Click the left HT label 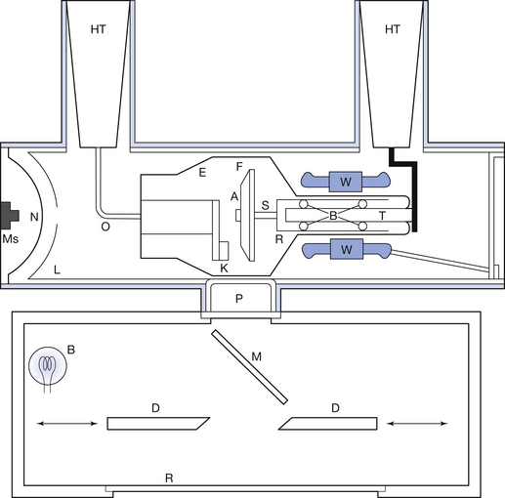[x=99, y=29]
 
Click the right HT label [x=393, y=29]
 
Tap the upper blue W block [x=346, y=182]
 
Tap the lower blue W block [x=347, y=249]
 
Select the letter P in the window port [x=239, y=299]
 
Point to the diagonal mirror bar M [x=250, y=367]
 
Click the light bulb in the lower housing [x=48, y=366]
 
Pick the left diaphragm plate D [x=158, y=424]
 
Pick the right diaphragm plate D [x=328, y=424]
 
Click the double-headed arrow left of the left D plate [x=67, y=424]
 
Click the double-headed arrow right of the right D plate [x=417, y=424]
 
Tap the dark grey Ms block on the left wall [x=9, y=216]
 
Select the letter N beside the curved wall [x=34, y=217]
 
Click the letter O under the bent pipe [x=105, y=227]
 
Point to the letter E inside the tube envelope [x=202, y=173]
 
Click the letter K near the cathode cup [x=224, y=269]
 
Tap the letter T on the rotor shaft [x=382, y=216]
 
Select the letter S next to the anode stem [x=266, y=205]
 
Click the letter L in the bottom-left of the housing [x=57, y=270]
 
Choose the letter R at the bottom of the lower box [x=169, y=478]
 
